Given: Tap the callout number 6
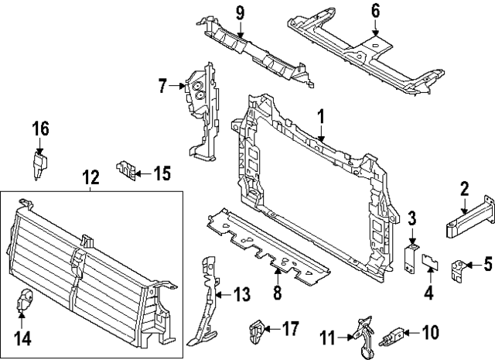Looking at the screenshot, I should click(375, 11).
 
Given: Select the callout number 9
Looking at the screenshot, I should click(240, 12).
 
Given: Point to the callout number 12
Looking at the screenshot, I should click(90, 178).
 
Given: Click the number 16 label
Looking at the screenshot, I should click(39, 129).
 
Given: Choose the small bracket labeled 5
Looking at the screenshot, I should click(459, 269).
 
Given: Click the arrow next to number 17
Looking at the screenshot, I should click(271, 330).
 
